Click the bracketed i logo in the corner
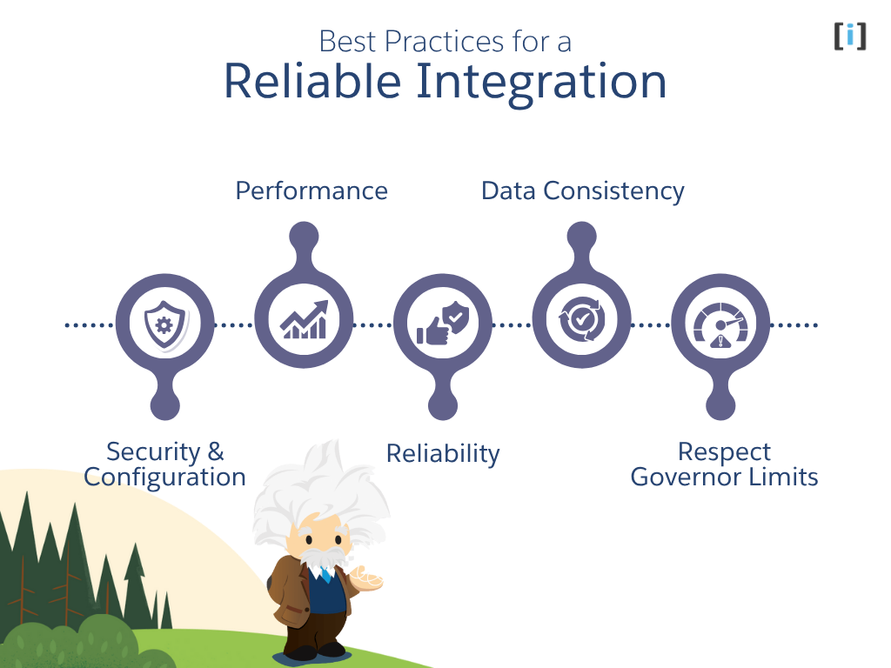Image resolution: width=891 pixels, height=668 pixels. (850, 36)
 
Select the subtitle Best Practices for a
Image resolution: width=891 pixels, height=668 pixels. (445, 41)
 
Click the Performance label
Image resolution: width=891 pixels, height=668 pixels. (312, 190)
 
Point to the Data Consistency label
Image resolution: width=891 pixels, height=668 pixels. (583, 190)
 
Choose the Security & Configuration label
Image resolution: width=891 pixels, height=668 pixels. (164, 464)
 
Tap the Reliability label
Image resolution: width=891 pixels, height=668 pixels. (443, 453)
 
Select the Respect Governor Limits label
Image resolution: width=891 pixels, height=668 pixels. (724, 464)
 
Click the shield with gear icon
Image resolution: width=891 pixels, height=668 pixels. (164, 324)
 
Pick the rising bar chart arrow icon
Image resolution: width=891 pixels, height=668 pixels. (304, 319)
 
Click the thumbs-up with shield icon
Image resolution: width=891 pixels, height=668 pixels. (443, 324)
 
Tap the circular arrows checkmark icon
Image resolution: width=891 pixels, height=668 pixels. (581, 319)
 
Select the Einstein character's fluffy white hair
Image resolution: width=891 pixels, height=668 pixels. (313, 487)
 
